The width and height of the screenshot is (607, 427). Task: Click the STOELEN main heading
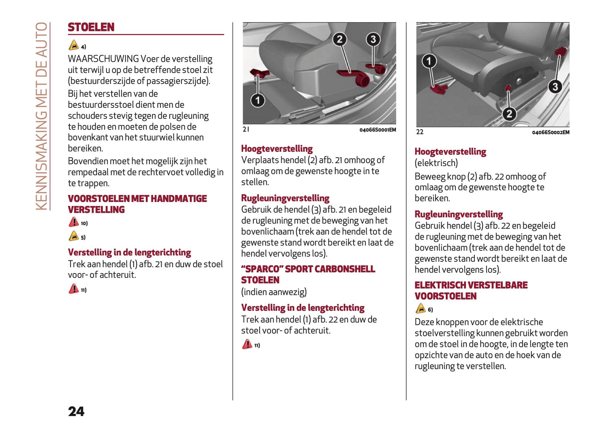pyautogui.click(x=91, y=27)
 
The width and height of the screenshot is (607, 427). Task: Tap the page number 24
pyautogui.click(x=76, y=411)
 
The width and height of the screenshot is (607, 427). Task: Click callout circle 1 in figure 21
pyautogui.click(x=258, y=100)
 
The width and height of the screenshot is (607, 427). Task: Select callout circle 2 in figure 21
pyautogui.click(x=339, y=39)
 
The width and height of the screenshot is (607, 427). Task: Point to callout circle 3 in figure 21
pyautogui.click(x=373, y=39)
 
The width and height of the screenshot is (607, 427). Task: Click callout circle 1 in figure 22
pyautogui.click(x=429, y=61)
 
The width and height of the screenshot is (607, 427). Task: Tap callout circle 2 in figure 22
pyautogui.click(x=509, y=114)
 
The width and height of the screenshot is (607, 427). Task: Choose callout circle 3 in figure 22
pyautogui.click(x=555, y=87)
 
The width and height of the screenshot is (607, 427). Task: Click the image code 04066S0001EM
pyautogui.click(x=377, y=130)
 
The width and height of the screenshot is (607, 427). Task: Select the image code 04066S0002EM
pyautogui.click(x=550, y=133)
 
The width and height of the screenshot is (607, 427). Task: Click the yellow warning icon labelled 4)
pyautogui.click(x=74, y=46)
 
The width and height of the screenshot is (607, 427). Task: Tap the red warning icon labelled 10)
pyautogui.click(x=74, y=222)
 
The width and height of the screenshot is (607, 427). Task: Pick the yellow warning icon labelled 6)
pyautogui.click(x=420, y=309)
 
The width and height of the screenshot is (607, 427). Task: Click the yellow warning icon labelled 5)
pyautogui.click(x=74, y=236)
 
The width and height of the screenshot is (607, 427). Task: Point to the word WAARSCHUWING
pyautogui.click(x=103, y=59)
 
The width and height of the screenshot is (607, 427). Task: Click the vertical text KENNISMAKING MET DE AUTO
pyautogui.click(x=41, y=116)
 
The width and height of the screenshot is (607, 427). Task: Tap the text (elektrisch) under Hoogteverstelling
pyautogui.click(x=436, y=163)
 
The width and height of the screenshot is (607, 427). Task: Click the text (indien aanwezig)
pyautogui.click(x=274, y=292)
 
